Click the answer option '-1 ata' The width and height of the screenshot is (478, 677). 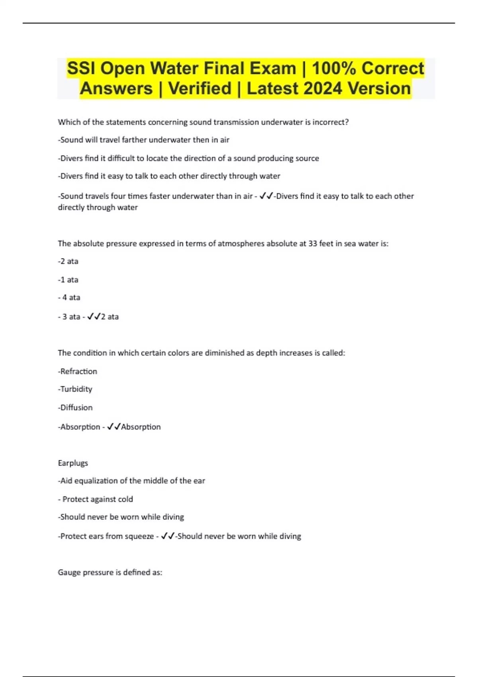click(68, 280)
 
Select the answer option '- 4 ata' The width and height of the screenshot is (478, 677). click(69, 297)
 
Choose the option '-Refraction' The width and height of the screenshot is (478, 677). click(78, 371)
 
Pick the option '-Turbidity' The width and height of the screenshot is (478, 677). click(75, 389)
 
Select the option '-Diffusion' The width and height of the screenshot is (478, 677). click(75, 407)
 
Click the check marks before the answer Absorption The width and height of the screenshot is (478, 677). click(114, 427)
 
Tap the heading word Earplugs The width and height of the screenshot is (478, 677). click(73, 463)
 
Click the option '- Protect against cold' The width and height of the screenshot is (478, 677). click(96, 499)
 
